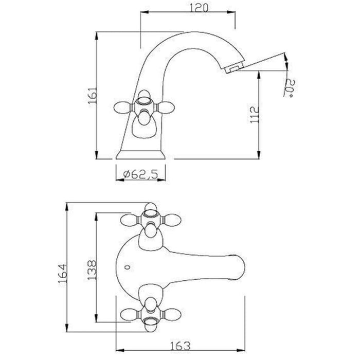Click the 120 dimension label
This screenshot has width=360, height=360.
[199, 8]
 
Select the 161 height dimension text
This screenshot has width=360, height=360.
[93, 95]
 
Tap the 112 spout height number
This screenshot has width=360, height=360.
[255, 114]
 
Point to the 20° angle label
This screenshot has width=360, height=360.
[291, 88]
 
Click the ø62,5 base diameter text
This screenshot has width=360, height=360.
[140, 174]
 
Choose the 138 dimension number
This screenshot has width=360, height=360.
[92, 270]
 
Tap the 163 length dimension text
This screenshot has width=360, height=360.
[181, 346]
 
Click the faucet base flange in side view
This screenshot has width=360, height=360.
[141, 154]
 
